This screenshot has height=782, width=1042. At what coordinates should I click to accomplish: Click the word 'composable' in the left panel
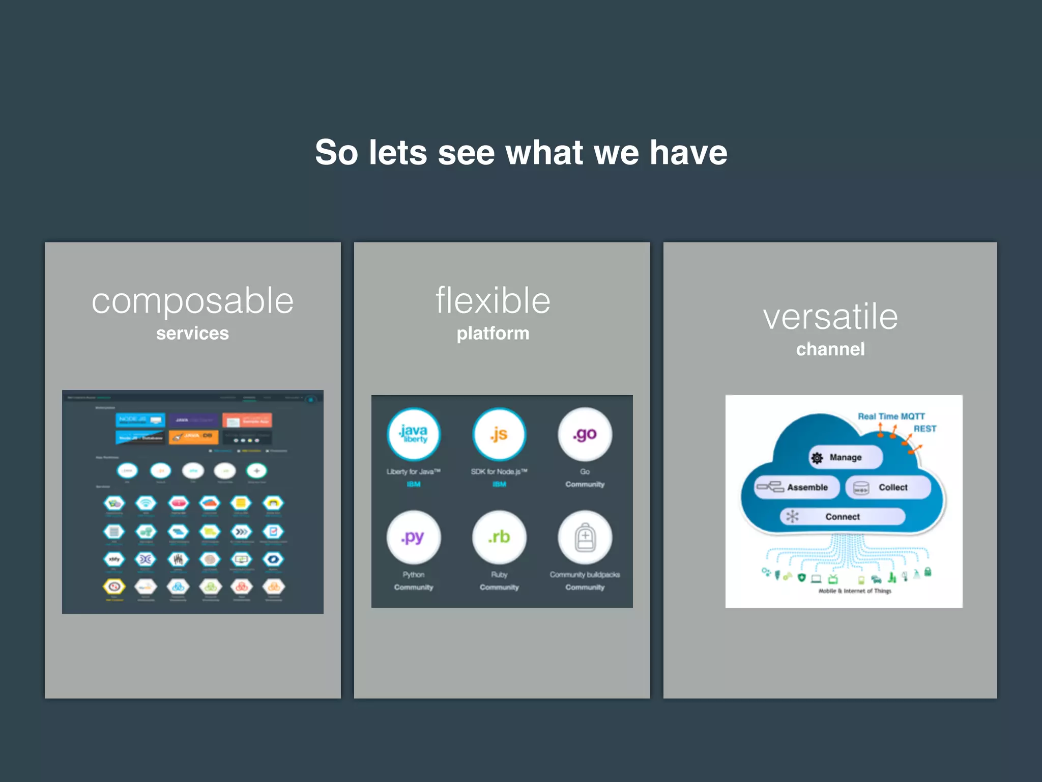point(192,301)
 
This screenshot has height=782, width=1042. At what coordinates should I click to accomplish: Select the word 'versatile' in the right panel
point(830,317)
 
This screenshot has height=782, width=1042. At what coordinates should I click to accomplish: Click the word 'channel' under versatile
point(830,349)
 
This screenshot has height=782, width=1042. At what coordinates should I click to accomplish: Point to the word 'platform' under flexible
point(493,333)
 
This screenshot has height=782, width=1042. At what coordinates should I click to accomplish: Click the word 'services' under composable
point(192,333)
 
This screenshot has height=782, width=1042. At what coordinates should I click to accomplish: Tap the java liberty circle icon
point(414,434)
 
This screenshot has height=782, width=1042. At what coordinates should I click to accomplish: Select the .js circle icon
point(499,434)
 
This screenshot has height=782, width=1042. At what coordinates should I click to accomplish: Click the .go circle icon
point(585,434)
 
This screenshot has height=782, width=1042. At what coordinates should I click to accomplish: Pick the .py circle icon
point(414,537)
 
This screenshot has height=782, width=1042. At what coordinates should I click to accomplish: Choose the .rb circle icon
point(499,537)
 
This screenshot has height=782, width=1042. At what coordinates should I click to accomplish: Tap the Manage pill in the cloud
point(845,457)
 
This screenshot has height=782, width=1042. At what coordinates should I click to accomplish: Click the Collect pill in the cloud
point(888,487)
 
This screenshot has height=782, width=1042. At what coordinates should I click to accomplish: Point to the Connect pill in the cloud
point(843,517)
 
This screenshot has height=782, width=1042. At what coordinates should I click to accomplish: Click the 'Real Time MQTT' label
point(891,416)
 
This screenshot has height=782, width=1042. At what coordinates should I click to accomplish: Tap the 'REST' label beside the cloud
point(924,429)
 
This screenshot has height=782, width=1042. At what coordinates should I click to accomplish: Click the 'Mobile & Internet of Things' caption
point(855,591)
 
